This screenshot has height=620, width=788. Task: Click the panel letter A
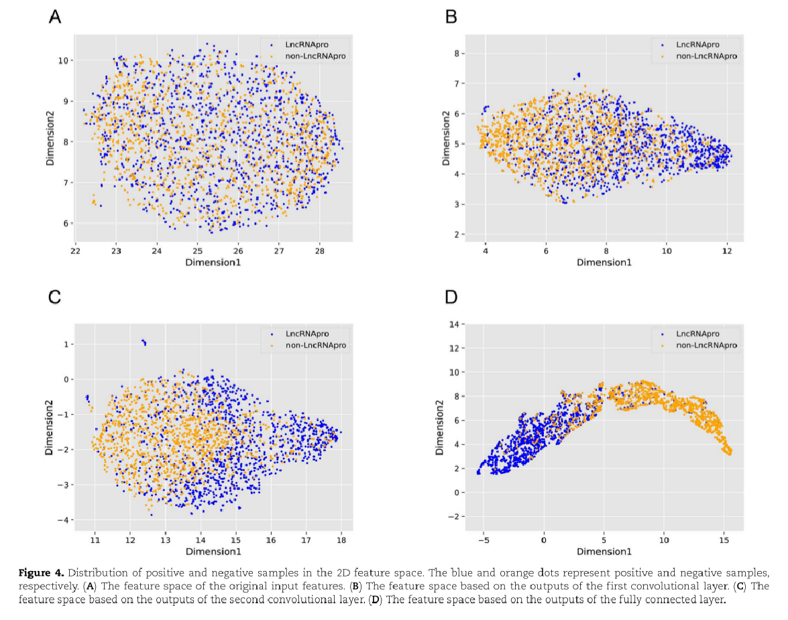pos(56,17)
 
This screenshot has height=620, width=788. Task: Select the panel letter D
pos(451,297)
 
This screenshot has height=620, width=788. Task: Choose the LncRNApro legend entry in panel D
pos(697,333)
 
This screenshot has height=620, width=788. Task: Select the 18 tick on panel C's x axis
pos(341,539)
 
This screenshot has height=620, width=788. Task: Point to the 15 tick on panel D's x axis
pos(724,540)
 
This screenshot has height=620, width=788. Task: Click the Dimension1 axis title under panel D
pos(604,552)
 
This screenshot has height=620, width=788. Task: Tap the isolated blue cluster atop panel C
pos(144,343)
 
